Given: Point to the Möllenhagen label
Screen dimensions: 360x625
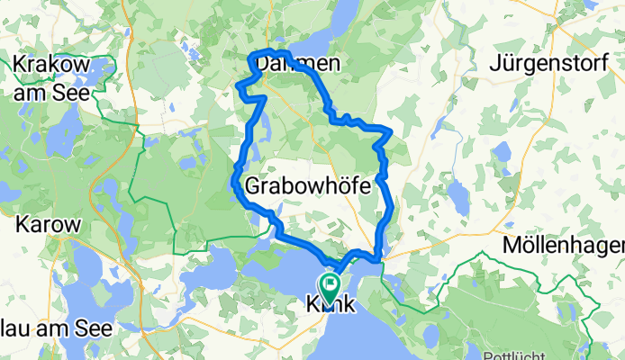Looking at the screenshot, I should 566,245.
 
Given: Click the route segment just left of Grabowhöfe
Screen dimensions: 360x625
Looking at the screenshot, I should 238,184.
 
